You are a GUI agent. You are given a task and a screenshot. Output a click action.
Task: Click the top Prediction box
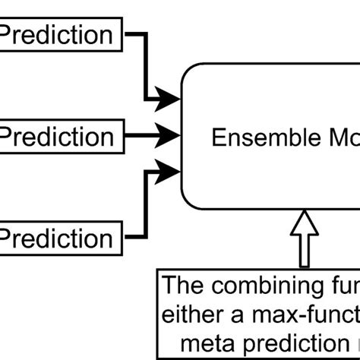pos(57,35)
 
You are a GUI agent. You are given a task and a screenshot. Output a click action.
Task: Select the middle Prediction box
pos(57,137)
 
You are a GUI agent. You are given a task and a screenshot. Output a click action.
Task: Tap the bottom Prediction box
pos(57,238)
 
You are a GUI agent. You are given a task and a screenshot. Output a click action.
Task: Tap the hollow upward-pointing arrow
pos(304,237)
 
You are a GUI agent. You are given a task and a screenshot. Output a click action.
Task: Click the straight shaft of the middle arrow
pos(141,137)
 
